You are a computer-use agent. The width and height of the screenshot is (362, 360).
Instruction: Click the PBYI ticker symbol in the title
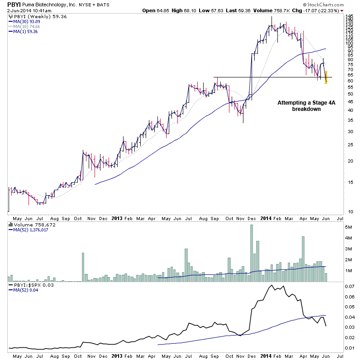14,4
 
